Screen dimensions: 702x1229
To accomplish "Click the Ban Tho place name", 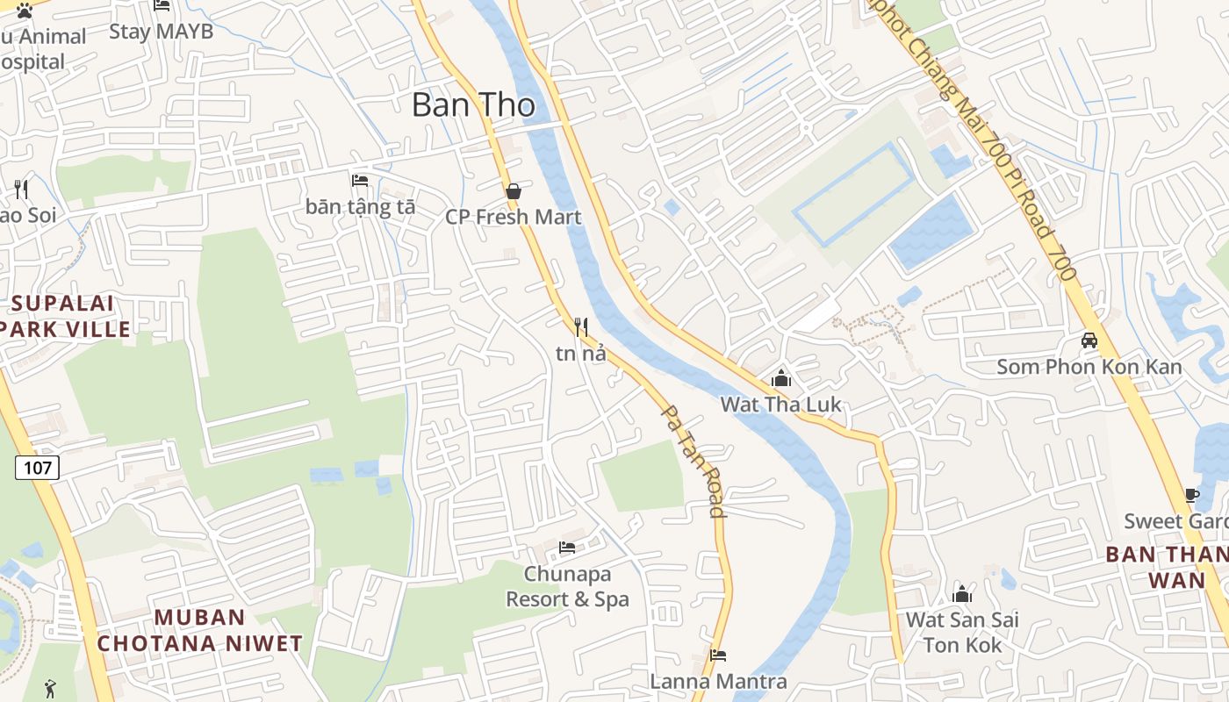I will (x=473, y=105).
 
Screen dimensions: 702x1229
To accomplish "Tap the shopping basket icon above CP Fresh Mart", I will (x=514, y=190).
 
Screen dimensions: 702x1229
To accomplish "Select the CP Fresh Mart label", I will (x=514, y=217).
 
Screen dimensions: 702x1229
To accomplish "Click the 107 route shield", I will (x=37, y=468).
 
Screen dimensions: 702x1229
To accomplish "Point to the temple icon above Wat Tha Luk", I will (x=780, y=378).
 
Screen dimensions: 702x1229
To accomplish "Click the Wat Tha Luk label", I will (x=780, y=405).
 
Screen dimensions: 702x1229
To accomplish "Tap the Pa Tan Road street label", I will (x=693, y=461).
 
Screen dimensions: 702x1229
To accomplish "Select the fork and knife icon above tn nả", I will (x=580, y=327).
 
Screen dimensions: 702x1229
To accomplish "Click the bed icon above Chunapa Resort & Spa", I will (x=567, y=548).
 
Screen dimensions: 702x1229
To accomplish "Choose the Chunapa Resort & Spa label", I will (x=567, y=587).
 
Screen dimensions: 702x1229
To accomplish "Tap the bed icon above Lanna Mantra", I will (x=717, y=655).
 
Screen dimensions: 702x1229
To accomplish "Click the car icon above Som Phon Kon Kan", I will (x=1089, y=340).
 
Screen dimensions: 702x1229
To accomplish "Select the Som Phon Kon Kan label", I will (x=1089, y=367).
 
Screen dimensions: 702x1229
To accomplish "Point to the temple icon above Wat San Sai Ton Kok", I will (x=962, y=594).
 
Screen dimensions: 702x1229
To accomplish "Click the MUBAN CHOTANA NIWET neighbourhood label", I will (x=199, y=630).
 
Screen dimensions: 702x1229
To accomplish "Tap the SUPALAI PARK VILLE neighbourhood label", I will (x=63, y=317).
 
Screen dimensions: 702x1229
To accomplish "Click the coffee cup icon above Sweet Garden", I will (x=1191, y=495).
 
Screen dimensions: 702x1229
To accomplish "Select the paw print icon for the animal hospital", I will (x=25, y=11).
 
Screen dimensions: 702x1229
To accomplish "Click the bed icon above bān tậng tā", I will (x=360, y=181).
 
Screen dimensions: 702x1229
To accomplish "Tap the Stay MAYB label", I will (x=161, y=32).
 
